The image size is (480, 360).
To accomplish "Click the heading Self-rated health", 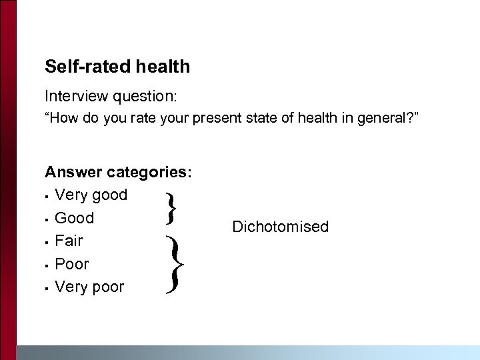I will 117,67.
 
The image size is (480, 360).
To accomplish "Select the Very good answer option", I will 91,195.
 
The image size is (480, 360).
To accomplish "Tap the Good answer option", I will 74,218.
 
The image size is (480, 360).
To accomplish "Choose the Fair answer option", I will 69,241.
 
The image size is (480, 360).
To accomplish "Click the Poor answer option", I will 71,264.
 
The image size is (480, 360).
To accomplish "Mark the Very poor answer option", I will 89,287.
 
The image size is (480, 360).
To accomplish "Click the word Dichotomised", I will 280,227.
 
